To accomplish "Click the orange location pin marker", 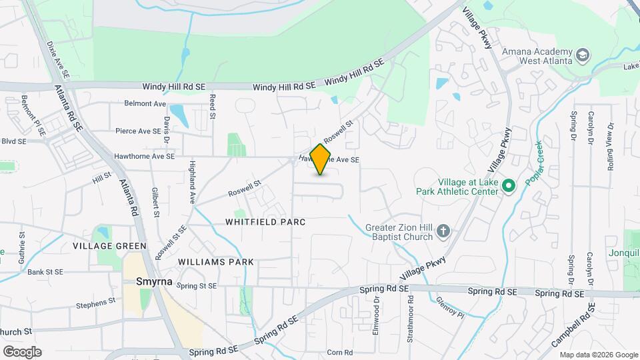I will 321,159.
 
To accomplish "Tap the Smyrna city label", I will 154,281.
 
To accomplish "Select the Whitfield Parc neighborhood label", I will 265,221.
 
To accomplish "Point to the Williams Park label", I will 216,262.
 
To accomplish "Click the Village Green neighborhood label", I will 109,246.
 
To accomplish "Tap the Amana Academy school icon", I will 583,55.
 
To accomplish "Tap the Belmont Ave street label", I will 145,103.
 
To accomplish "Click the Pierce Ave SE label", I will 139,131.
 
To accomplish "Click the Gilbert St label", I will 155,202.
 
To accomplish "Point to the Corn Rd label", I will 339,352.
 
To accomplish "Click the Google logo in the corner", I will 22,351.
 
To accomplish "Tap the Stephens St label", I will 95,303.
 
